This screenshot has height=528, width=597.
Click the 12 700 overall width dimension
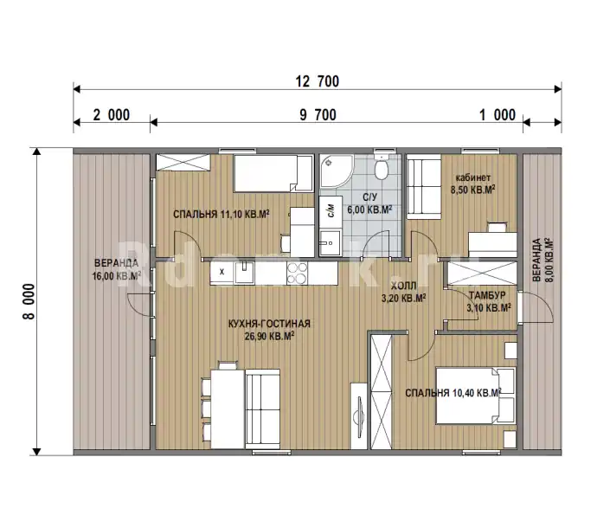pos(318,81)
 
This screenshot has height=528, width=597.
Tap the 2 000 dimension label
pos(112,114)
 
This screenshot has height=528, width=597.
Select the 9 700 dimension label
pos(318,114)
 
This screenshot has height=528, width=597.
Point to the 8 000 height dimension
pos(29,301)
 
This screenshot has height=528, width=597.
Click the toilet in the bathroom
pos(381,167)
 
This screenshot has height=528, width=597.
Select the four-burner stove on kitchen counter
pos(297,273)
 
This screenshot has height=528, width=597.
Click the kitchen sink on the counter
pos(245,272)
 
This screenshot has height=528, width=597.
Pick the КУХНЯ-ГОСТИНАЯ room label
pos(269,324)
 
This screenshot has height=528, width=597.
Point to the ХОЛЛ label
pos(403,286)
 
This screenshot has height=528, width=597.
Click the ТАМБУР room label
pos(487,295)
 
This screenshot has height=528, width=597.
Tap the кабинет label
pos(473,177)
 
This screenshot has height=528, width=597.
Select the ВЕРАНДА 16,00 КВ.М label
pos(117,269)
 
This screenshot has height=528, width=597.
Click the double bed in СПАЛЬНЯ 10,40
pos(476,396)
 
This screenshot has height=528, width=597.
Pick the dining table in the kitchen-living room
pos(228,409)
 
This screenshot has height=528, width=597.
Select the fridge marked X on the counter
pos(222,273)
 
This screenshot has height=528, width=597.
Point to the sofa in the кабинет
pos(424,187)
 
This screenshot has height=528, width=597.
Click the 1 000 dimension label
pos(497,114)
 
